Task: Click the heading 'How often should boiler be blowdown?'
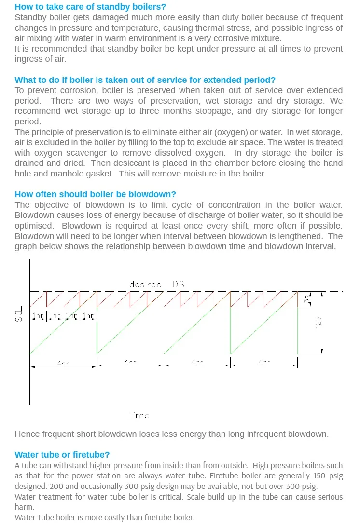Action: pyautogui.click(x=95, y=194)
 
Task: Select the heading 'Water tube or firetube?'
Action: pyautogui.click(x=62, y=454)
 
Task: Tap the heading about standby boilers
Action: pyautogui.click(x=90, y=7)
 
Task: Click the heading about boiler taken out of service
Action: pyautogui.click(x=145, y=80)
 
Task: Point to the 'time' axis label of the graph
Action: pyautogui.click(x=139, y=415)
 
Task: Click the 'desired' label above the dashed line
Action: pyautogui.click(x=145, y=285)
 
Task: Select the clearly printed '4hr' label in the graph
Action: pyautogui.click(x=196, y=362)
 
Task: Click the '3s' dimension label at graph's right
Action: pyautogui.click(x=306, y=299)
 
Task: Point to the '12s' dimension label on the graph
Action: pyautogui.click(x=318, y=321)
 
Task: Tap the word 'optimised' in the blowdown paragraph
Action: pyautogui.click(x=34, y=226)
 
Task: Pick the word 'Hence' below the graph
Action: pyautogui.click(x=27, y=434)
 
